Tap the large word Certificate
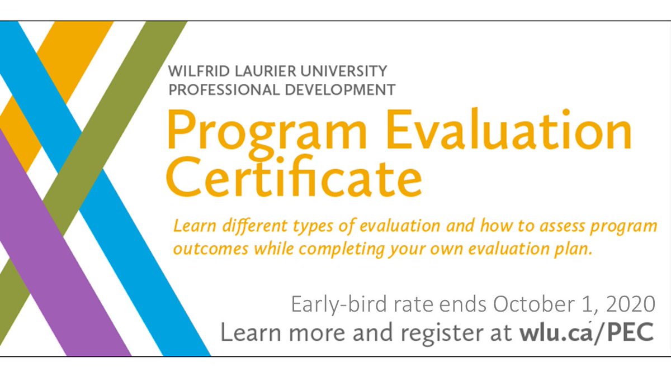(x=295, y=178)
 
